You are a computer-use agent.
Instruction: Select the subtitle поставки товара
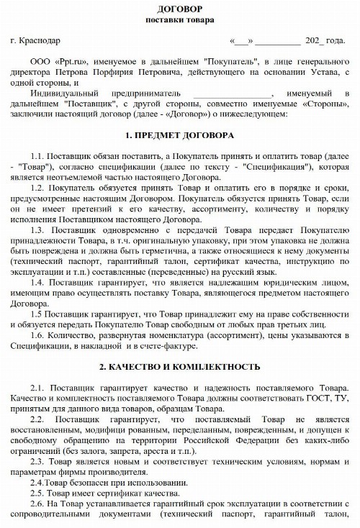click(x=179, y=19)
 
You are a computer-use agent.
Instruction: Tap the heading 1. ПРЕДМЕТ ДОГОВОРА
click(x=179, y=135)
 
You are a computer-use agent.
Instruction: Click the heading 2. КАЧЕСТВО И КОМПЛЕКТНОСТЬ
click(x=179, y=367)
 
